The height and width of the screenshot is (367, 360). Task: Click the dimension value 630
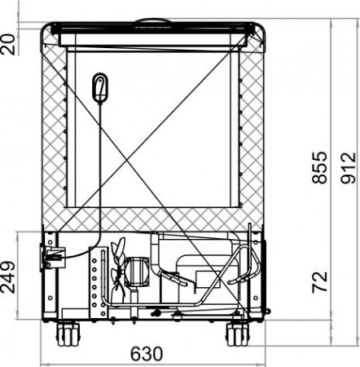146,354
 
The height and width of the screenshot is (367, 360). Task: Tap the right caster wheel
237,333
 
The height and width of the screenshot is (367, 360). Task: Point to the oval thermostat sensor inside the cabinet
100,87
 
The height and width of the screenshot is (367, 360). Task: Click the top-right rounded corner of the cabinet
259,29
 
